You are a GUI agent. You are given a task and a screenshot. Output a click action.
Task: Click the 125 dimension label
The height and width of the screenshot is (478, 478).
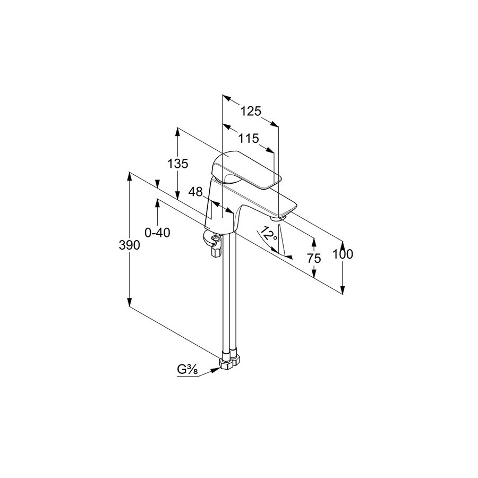(251, 112)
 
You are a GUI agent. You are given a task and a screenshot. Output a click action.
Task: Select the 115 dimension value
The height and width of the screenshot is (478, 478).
(249, 139)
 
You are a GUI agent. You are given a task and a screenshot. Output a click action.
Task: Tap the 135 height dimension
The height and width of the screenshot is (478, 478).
(178, 164)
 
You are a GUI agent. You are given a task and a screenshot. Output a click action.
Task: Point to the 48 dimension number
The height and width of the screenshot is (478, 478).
(195, 192)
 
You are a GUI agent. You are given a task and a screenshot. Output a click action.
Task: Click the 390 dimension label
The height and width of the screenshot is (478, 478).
(129, 245)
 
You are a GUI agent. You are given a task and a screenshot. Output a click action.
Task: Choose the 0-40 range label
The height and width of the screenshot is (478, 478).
(157, 233)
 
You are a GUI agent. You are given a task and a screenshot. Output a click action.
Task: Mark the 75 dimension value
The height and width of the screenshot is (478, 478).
(314, 259)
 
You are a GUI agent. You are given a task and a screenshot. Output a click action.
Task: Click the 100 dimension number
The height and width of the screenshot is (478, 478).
(343, 254)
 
